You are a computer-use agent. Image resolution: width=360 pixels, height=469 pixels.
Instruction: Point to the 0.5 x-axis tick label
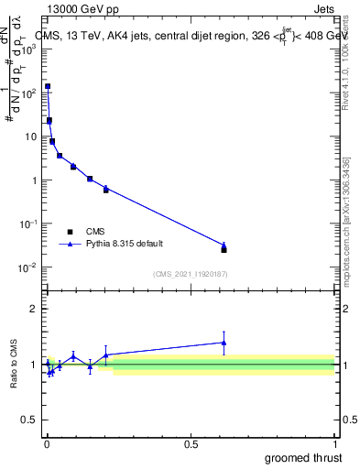(191, 443)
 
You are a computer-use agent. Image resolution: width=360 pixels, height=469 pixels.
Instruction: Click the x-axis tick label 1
(334, 443)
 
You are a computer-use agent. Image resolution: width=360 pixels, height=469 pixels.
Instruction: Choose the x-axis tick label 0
(47, 443)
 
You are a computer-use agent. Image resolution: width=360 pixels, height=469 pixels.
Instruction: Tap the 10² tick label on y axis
(28, 93)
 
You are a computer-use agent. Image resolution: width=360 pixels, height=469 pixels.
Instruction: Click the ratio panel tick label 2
(34, 309)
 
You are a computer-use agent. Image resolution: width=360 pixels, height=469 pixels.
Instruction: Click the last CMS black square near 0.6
(224, 249)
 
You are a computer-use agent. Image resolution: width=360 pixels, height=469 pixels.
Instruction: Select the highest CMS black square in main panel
(48, 86)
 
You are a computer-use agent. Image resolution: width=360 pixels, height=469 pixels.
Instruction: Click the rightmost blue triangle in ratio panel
(224, 343)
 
